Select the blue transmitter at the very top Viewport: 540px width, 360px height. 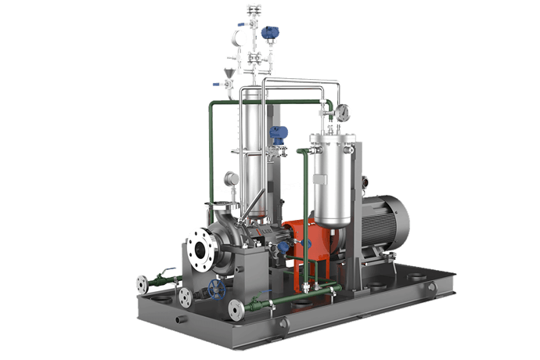[270, 33]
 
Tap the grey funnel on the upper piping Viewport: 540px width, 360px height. [229, 75]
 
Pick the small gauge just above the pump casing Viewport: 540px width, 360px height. [231, 179]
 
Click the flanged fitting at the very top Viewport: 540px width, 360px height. [254, 10]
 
